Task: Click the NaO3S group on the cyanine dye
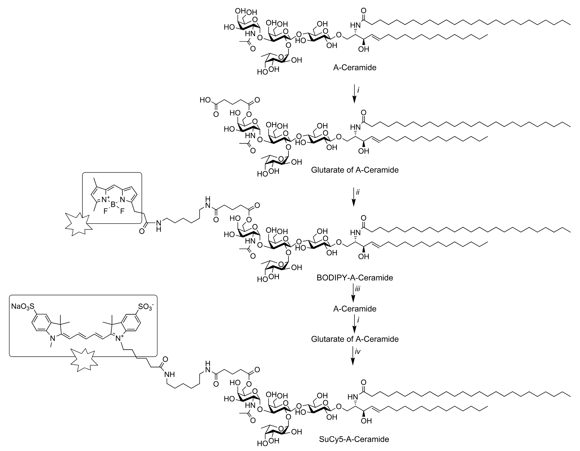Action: click(23, 307)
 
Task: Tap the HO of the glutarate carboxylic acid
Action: click(205, 100)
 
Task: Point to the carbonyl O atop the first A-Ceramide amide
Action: click(364, 11)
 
